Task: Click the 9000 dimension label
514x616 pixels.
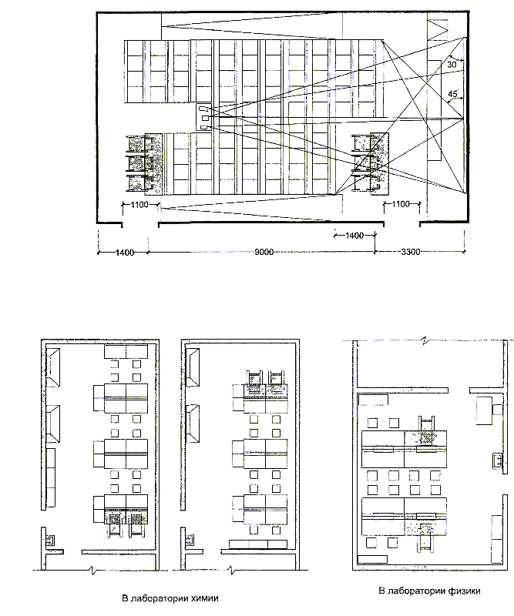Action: [264, 252]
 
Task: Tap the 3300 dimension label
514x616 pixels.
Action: [411, 252]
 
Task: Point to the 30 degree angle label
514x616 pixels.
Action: [452, 64]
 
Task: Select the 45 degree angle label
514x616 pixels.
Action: [452, 94]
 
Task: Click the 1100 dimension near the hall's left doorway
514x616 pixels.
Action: [139, 204]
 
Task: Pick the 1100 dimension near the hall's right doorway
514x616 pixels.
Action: [401, 204]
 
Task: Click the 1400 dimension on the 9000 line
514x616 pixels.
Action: [125, 253]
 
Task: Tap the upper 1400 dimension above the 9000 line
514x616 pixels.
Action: [354, 236]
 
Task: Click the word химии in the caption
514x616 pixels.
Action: [204, 598]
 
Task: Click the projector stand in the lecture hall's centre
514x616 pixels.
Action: [204, 117]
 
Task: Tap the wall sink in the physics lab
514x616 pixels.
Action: [499, 460]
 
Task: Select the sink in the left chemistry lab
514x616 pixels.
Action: [50, 541]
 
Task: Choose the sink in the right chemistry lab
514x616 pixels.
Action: [190, 541]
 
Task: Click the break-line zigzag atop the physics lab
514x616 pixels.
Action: [425, 340]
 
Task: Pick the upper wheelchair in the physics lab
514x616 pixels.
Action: [425, 427]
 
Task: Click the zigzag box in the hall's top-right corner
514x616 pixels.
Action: [437, 30]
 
